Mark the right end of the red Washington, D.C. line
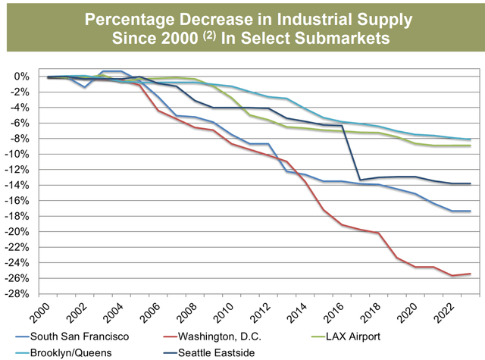(x=471, y=274)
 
